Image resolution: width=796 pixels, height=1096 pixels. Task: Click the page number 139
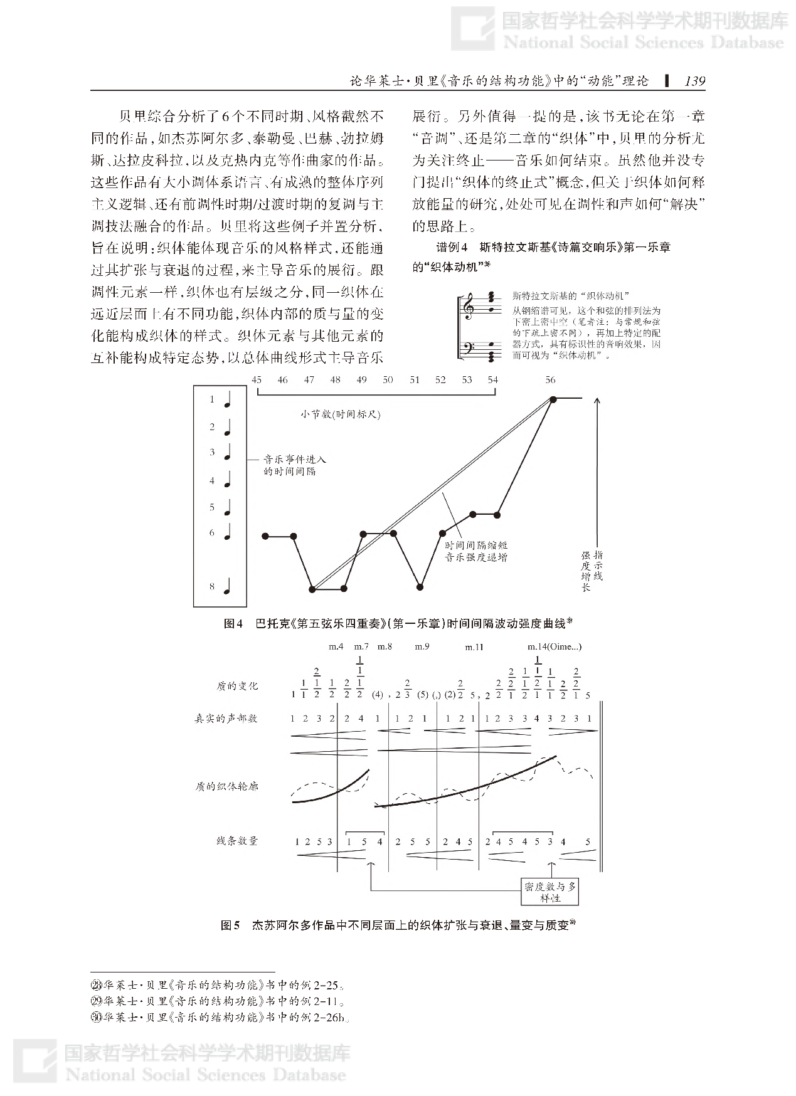tap(694, 81)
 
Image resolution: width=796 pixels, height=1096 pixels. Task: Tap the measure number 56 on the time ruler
tap(550, 380)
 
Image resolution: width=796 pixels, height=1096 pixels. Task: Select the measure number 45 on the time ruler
tap(256, 380)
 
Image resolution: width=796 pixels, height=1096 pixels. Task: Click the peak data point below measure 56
tap(553, 399)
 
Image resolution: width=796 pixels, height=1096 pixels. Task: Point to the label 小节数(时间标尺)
tap(340, 414)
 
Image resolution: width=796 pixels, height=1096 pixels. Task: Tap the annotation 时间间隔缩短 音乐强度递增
tap(476, 551)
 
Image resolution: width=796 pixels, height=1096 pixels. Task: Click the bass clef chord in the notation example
tap(492, 351)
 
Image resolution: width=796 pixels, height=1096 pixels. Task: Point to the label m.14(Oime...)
tap(554, 647)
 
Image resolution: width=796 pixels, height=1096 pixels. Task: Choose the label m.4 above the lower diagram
tap(336, 647)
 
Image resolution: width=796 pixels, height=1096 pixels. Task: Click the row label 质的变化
tap(236, 686)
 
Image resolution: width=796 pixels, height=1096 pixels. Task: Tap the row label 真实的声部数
tap(226, 719)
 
